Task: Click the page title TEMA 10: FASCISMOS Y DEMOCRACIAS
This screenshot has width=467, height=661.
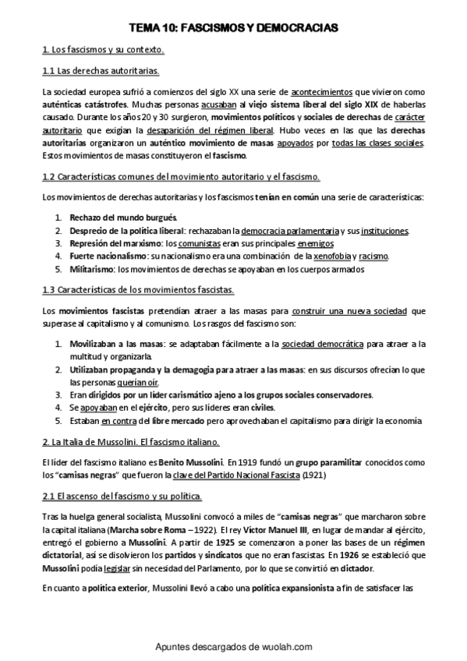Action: pyautogui.click(x=233, y=28)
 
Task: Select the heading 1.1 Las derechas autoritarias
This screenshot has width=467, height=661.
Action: pyautogui.click(x=101, y=71)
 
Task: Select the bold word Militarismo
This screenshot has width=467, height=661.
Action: pyautogui.click(x=92, y=270)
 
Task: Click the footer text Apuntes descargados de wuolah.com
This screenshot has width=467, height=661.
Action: pyautogui.click(x=233, y=646)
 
